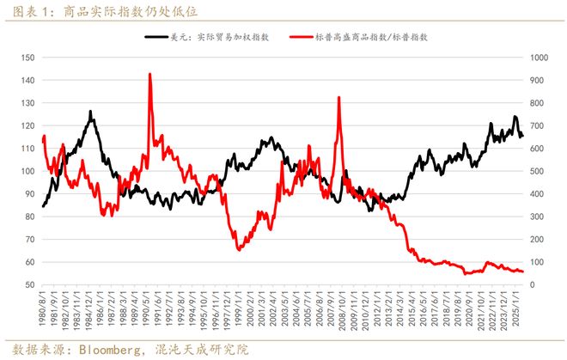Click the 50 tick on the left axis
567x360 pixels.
click(29, 284)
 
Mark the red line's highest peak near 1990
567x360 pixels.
click(150, 74)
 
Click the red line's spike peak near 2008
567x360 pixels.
click(338, 97)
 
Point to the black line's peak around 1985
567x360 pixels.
click(90, 111)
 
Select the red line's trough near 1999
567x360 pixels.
click(238, 249)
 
